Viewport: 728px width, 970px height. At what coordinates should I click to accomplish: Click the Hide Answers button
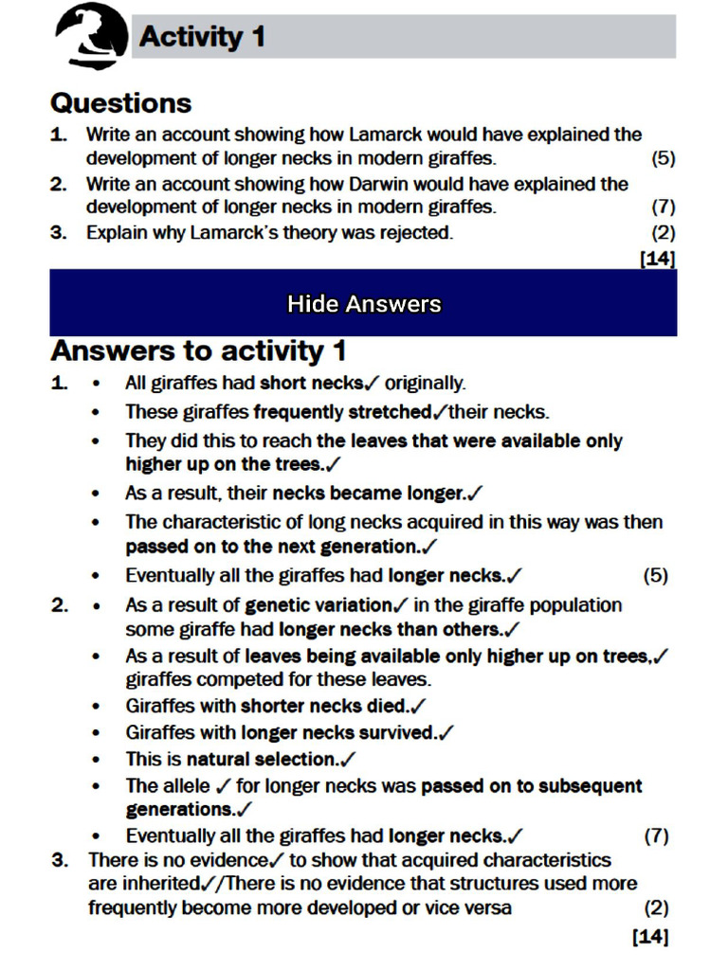tap(364, 303)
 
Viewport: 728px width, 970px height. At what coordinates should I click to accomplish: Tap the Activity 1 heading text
tap(202, 37)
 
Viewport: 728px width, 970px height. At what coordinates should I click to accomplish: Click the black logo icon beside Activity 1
tap(91, 35)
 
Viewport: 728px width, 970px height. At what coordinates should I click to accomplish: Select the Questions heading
tap(120, 102)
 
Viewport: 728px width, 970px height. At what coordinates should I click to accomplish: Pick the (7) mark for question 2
tap(663, 207)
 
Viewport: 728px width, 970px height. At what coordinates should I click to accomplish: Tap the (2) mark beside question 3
tap(663, 231)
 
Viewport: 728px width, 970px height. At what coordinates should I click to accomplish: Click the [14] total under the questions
tap(659, 257)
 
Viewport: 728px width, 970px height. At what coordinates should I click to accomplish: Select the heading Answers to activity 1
tap(198, 350)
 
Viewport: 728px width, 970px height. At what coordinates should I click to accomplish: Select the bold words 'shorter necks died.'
tap(324, 706)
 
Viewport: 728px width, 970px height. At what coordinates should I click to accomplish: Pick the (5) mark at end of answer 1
tap(655, 575)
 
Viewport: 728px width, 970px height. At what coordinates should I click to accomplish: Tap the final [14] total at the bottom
tap(650, 937)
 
